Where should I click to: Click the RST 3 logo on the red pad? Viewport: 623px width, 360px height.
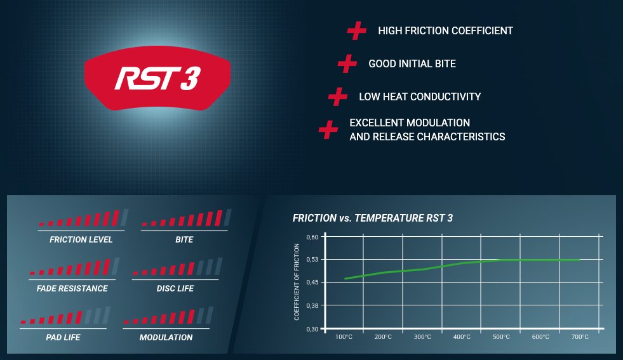157,78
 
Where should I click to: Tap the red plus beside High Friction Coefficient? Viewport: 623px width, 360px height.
356,30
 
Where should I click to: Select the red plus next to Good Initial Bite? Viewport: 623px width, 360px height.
347,63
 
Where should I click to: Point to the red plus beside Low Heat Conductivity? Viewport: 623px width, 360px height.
337,97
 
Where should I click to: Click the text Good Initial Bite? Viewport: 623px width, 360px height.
412,63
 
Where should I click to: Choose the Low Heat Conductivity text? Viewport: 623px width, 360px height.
420,97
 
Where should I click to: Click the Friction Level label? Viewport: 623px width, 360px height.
81,239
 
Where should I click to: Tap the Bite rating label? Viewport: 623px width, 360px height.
184,239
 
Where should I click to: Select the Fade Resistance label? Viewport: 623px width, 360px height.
72,288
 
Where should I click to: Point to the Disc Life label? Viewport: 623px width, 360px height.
175,288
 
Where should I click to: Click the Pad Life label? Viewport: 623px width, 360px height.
63,337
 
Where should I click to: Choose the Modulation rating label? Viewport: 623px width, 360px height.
166,337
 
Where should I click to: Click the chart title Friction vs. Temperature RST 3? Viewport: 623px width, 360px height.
373,218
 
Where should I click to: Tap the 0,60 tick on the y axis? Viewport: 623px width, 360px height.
312,237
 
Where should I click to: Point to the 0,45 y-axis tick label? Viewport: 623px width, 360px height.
312,283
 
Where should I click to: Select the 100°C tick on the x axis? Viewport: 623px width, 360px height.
344,337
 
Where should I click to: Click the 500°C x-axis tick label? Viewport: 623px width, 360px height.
501,337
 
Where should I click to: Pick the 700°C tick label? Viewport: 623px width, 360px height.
580,337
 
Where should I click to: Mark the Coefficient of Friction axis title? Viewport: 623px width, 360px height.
297,282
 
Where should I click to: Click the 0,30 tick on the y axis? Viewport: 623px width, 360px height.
312,329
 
